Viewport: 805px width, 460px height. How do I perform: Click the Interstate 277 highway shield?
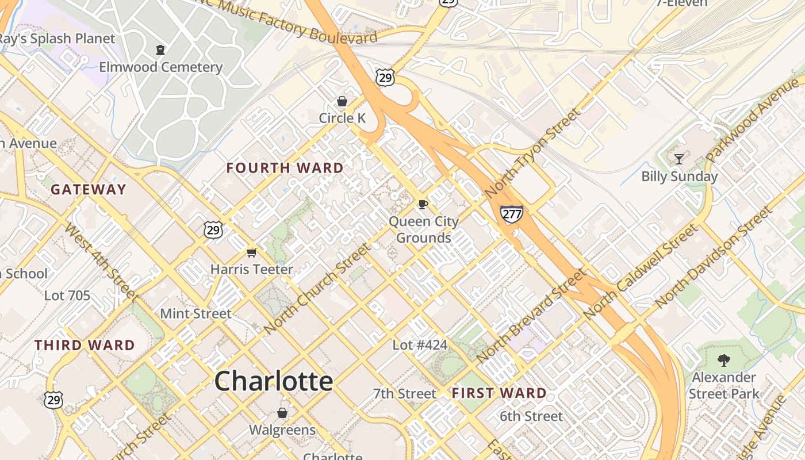point(511,214)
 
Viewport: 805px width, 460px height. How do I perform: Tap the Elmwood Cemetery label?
point(160,67)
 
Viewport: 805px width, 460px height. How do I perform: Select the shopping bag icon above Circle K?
point(342,102)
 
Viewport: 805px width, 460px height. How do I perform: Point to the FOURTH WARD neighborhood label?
point(285,168)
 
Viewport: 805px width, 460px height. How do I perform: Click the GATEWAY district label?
point(88,190)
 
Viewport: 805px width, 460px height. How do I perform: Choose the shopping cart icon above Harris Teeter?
point(251,252)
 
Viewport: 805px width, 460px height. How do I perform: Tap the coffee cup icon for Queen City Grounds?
point(423,204)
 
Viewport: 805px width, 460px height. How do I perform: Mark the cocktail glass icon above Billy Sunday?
point(679,159)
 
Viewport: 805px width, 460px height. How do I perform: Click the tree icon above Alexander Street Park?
point(723,361)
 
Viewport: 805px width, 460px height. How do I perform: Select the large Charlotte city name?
point(274,381)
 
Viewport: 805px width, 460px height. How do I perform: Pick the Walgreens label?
point(282,430)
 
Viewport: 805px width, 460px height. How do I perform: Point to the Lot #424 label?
point(420,345)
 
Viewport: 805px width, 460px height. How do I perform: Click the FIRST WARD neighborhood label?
point(499,393)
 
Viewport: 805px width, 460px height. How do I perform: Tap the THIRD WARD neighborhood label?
point(85,346)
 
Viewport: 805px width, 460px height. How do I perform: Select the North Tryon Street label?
point(532,154)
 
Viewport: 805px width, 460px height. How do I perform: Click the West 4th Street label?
point(101,262)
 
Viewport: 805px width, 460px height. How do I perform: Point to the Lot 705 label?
point(67,296)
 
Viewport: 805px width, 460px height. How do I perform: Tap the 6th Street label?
point(531,416)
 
